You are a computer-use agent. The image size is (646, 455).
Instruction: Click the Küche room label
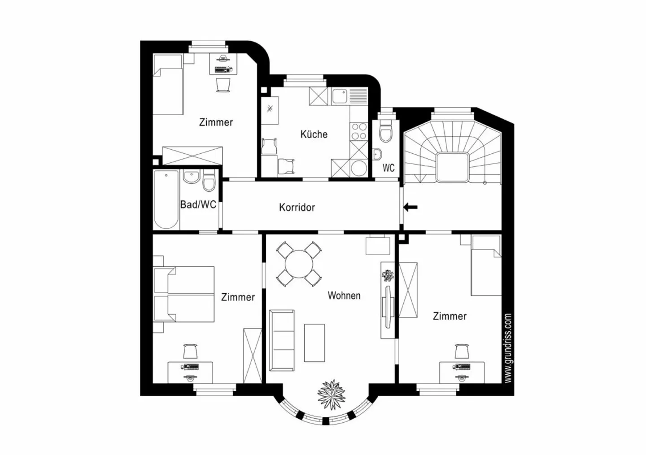314,134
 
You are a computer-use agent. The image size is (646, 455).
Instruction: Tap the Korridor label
297,207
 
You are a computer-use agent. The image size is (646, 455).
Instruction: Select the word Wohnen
344,295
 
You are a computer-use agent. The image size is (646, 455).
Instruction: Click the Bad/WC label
198,204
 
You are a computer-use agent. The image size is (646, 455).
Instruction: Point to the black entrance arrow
410,207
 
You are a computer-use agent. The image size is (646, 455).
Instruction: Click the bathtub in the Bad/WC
166,199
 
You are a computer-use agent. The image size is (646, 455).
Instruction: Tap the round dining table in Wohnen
299,264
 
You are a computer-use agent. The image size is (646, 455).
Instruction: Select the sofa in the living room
282,340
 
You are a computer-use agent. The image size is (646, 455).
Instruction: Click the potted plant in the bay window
332,394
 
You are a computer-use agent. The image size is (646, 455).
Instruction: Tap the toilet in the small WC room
385,130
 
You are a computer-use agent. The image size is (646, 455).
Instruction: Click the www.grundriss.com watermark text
508,348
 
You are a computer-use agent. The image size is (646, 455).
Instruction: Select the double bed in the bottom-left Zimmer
184,294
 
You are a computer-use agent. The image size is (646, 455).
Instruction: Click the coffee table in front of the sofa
314,342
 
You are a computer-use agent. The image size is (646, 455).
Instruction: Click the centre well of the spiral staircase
452,167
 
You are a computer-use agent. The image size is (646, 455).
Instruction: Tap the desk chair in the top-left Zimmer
223,84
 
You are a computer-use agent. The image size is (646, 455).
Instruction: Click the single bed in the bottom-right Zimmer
486,266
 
